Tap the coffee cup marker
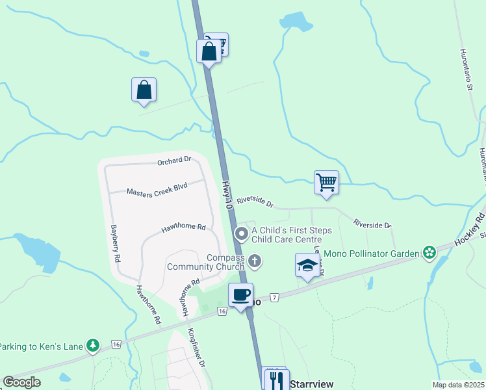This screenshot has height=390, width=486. (241, 295)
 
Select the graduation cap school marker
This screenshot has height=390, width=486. (307, 265)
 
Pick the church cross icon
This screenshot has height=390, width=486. (255, 262)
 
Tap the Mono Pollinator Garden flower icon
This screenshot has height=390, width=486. (429, 252)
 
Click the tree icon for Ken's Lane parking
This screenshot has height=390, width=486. (94, 346)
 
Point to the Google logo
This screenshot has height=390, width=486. (22, 382)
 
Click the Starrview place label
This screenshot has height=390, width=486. (311, 384)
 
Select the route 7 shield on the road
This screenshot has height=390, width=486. (275, 298)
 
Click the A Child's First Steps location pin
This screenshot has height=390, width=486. (242, 233)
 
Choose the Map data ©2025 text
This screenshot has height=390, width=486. (457, 385)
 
